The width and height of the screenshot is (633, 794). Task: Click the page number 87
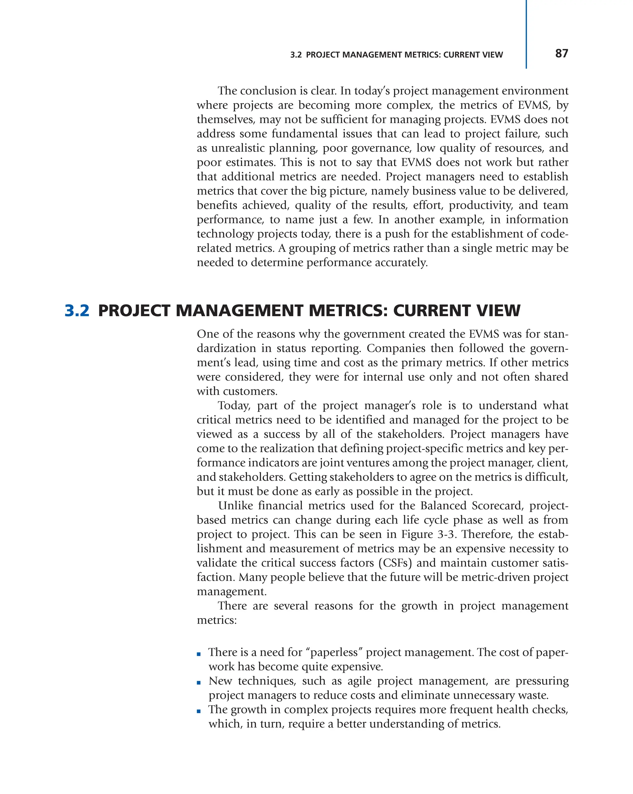click(x=561, y=54)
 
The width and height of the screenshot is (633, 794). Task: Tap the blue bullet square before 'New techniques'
click(x=199, y=683)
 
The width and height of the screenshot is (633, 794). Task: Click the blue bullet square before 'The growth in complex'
click(x=199, y=711)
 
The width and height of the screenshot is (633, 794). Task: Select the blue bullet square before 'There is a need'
click(x=199, y=654)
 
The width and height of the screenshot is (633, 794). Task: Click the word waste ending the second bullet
click(x=533, y=695)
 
